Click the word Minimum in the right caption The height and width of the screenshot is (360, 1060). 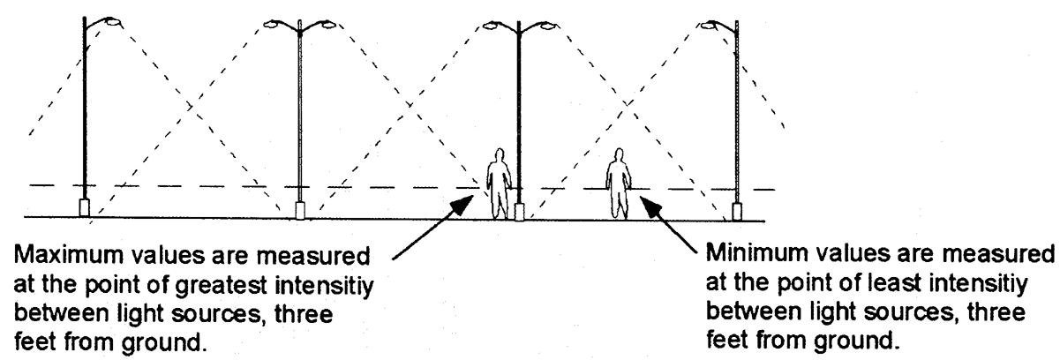(x=760, y=258)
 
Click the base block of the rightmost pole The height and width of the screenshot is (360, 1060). (x=736, y=212)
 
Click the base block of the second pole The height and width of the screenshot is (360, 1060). (x=300, y=210)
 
